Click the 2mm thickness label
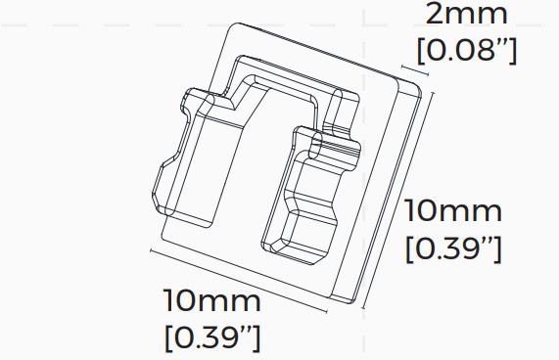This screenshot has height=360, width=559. (467, 15)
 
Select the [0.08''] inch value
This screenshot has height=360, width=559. (467, 49)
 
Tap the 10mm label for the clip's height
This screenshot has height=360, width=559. (454, 211)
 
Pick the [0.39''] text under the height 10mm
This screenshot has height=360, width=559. (454, 248)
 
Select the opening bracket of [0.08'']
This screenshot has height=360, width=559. (422, 49)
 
